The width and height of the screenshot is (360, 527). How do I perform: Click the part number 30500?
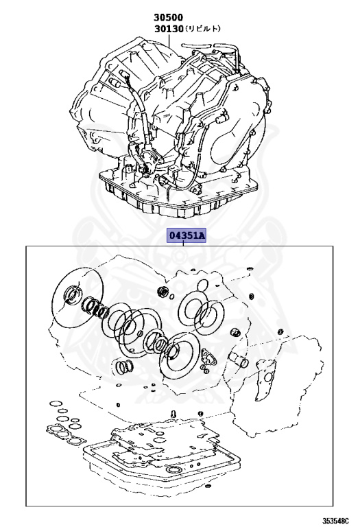point(168,16)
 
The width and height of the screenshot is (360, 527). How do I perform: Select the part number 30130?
point(169,29)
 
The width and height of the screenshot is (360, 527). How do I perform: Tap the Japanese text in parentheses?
point(202,29)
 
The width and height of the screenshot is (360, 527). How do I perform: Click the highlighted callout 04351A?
point(187,236)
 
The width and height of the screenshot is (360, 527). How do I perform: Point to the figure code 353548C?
point(335,521)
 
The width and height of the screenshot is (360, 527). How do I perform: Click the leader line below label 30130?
point(169,40)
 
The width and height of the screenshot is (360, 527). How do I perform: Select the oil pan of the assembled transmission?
point(178,195)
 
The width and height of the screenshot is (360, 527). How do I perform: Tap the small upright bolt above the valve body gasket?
point(173,413)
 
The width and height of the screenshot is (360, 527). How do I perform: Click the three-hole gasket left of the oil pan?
point(66,434)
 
